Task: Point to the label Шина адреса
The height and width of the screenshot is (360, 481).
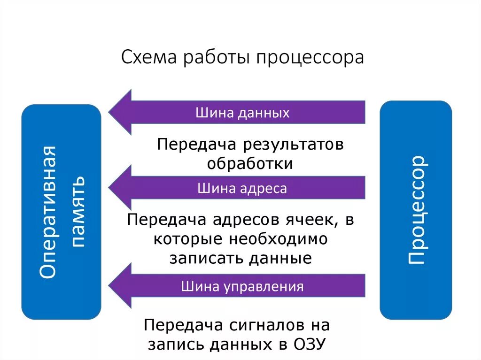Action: tap(242, 189)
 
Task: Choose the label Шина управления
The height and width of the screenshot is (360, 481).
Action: tap(242, 286)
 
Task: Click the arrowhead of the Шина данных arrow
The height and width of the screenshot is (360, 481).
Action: tap(121, 112)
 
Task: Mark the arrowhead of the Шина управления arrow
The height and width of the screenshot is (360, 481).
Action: tap(121, 285)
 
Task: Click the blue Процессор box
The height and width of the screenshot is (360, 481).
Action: tap(415, 210)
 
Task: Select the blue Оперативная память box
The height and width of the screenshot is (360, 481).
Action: tap(61, 212)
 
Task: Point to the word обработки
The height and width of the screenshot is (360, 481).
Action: tap(250, 164)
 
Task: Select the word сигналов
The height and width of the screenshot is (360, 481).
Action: tap(263, 325)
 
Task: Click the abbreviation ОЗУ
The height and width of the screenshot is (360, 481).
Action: tap(309, 344)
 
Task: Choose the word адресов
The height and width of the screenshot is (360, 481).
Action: tap(246, 220)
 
